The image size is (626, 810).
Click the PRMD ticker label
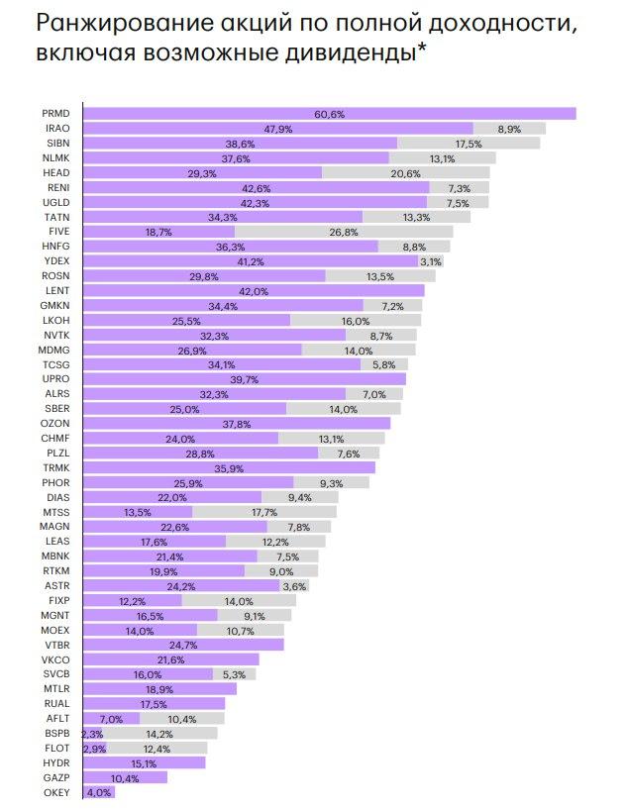[x=56, y=114]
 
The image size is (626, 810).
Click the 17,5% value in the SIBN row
[x=469, y=144]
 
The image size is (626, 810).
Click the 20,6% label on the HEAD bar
[x=406, y=172]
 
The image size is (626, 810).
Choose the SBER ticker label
[x=56, y=408]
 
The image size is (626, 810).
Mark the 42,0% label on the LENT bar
[x=254, y=290]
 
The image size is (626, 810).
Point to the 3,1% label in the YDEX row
[x=431, y=261]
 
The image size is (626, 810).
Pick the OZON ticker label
[x=56, y=423]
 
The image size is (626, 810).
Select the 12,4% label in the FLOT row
[x=157, y=749]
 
